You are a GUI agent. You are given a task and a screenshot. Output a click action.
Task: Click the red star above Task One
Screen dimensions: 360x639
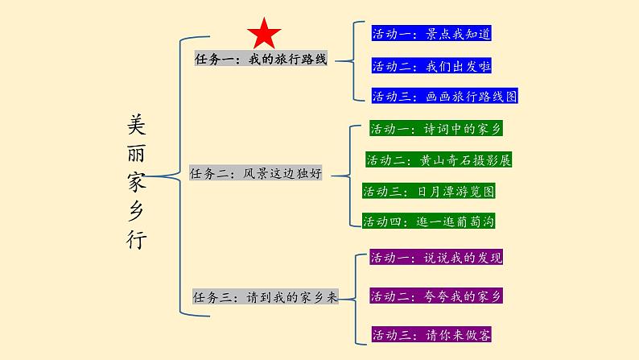click(264, 34)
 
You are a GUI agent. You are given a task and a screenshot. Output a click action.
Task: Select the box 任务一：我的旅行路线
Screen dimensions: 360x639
click(262, 60)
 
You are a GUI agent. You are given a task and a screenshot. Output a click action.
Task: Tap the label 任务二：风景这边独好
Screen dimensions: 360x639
click(255, 173)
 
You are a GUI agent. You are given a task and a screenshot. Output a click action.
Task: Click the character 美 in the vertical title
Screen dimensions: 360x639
click(138, 122)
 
